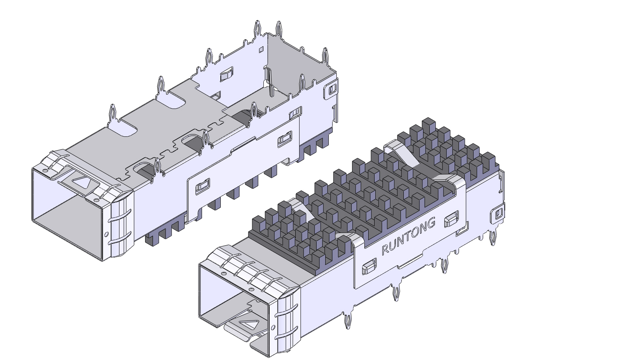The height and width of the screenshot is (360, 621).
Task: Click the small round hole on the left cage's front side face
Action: click(x=106, y=234)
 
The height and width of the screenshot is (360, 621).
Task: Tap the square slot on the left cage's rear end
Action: click(x=332, y=89)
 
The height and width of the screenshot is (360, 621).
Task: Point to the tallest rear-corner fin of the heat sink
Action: click(x=428, y=125)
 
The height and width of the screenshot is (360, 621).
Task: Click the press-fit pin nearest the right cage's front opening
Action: click(x=348, y=321)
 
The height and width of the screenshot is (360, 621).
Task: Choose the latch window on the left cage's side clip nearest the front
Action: click(x=203, y=186)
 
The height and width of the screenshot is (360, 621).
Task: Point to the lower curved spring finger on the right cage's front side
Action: click(x=287, y=335)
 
